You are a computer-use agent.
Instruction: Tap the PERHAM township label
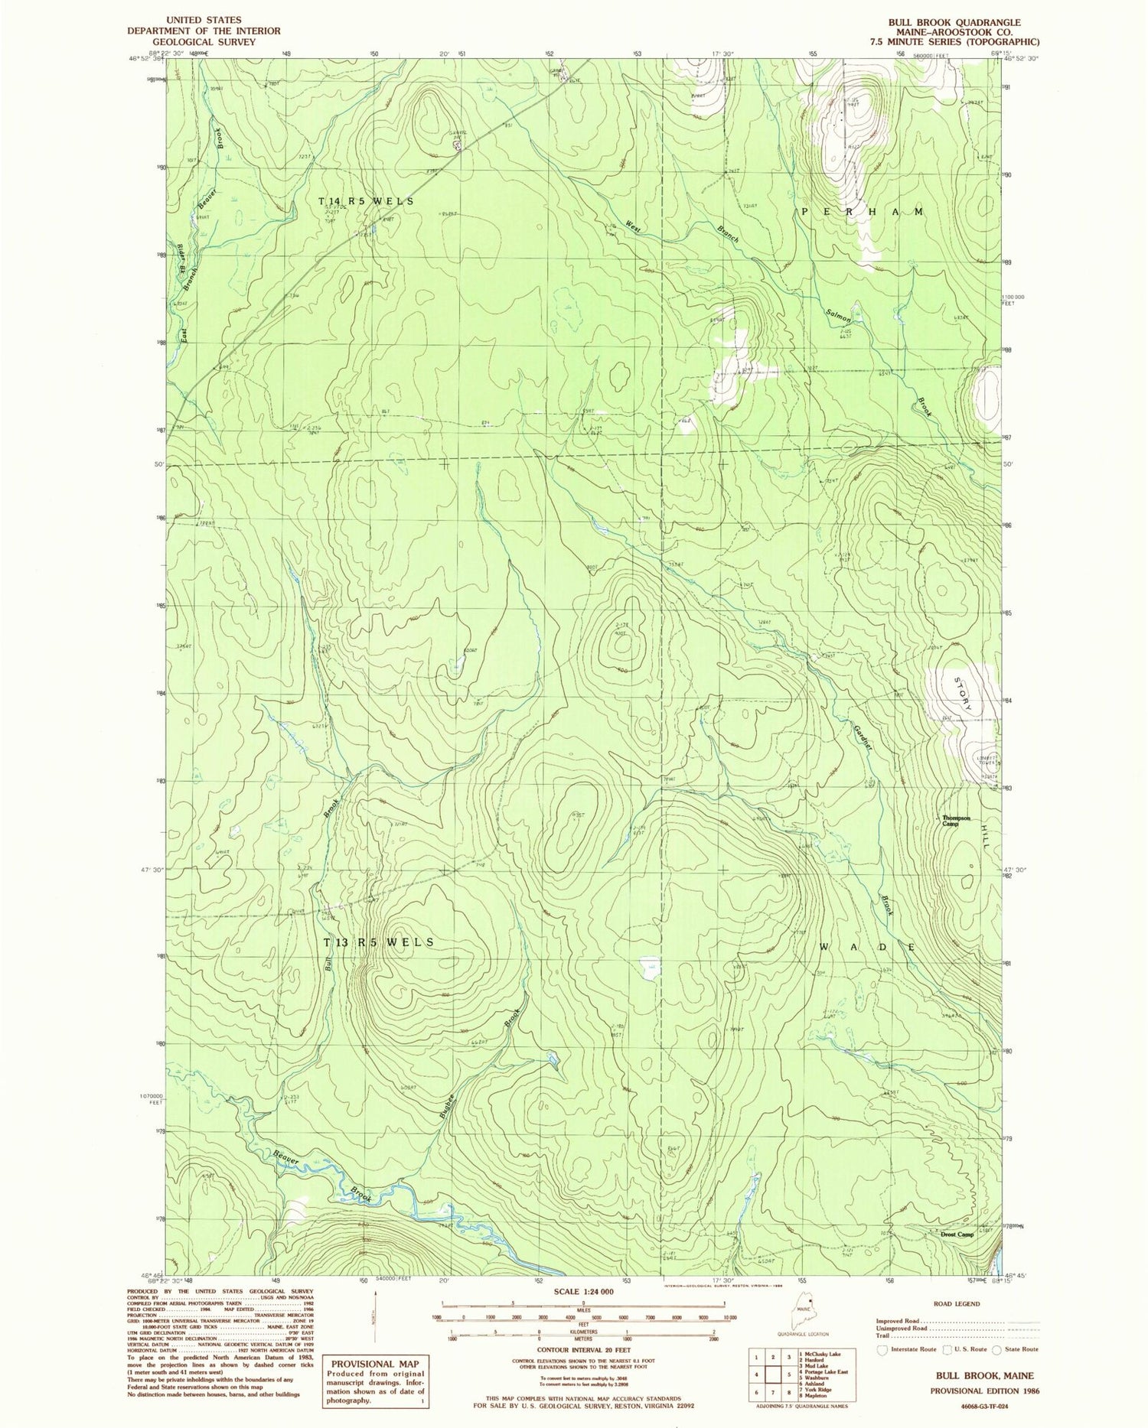863,211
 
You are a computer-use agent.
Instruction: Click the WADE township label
867,947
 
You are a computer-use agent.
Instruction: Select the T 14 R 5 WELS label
366,200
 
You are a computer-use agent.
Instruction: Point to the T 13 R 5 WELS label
379,942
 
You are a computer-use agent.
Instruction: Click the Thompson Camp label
956,821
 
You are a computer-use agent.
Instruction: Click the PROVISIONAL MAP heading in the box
375,1364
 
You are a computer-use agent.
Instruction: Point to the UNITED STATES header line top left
204,20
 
